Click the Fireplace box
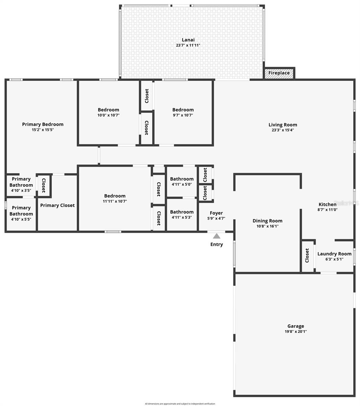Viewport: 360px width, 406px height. tap(279, 73)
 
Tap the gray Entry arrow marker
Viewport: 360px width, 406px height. tap(216, 235)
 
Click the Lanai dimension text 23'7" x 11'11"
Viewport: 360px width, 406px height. tap(188, 45)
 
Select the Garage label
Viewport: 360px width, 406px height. tap(295, 326)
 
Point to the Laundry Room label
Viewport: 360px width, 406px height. tap(334, 254)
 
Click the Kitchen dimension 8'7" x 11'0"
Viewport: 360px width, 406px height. tap(328, 209)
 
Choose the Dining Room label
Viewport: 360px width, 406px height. tap(267, 221)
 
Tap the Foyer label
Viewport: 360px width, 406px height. tap(216, 213)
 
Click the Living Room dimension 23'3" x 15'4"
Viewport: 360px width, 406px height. tap(283, 130)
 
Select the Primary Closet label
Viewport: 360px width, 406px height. tap(57, 205)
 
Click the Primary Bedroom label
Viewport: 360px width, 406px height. tap(43, 124)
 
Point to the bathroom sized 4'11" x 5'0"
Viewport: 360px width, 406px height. tap(182, 181)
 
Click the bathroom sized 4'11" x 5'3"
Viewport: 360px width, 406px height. tap(182, 215)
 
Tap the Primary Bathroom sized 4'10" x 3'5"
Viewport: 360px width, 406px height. tap(21, 184)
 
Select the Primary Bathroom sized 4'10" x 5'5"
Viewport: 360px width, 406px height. tap(21, 213)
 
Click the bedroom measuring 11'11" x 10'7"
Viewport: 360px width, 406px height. tap(115, 198)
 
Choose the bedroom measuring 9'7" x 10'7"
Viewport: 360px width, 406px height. tap(183, 112)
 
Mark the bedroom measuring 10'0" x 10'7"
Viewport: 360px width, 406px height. tap(109, 112)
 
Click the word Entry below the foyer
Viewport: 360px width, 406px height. tap(216, 244)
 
